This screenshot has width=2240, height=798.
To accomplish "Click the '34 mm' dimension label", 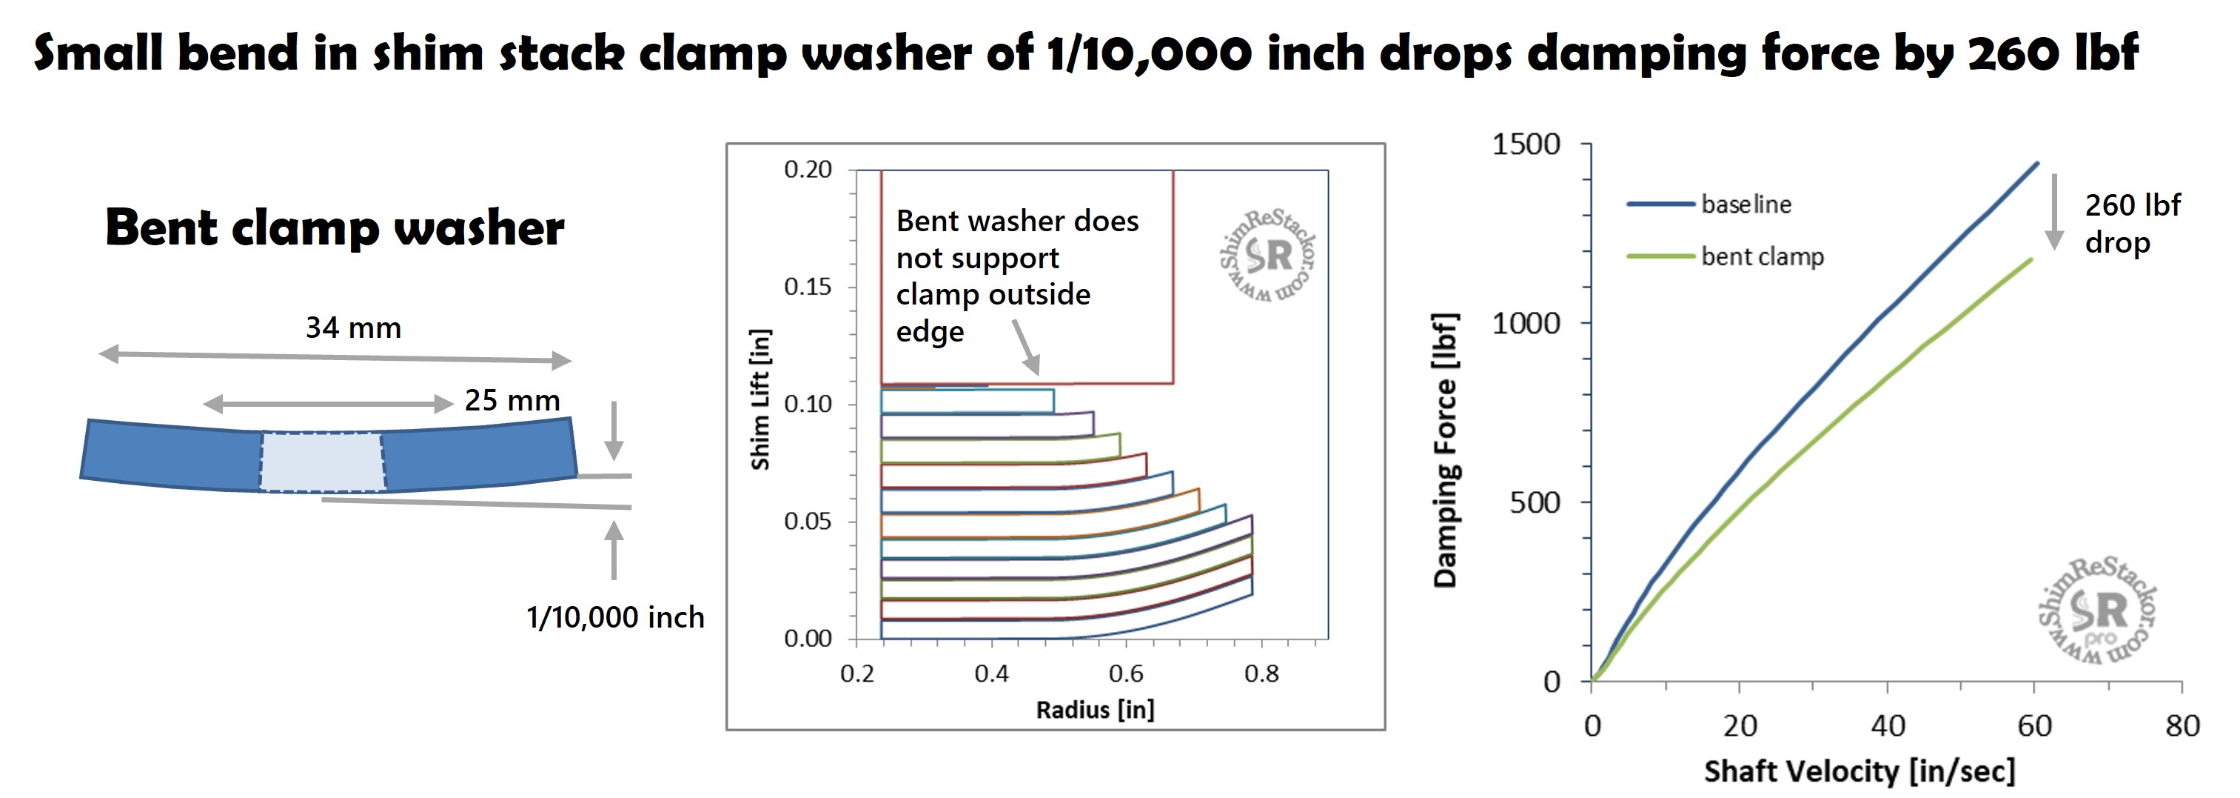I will click(x=353, y=328).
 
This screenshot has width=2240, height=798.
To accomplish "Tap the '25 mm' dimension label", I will click(x=512, y=400).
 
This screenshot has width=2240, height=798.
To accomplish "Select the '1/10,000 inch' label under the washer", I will click(x=615, y=617).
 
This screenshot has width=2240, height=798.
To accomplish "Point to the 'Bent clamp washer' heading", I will click(x=335, y=228).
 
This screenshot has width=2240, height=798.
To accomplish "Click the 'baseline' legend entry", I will click(x=1746, y=205).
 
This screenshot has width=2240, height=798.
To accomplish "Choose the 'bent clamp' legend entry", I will click(x=1762, y=256).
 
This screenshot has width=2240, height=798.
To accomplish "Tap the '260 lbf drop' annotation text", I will click(x=2132, y=224).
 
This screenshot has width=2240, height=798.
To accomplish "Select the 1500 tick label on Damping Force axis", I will click(x=1526, y=144).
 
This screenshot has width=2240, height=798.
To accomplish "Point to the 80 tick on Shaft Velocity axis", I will click(x=2182, y=726).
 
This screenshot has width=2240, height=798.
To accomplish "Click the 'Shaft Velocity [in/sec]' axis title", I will click(x=1859, y=771).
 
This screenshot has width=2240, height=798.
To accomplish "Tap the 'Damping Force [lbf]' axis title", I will click(x=1445, y=450).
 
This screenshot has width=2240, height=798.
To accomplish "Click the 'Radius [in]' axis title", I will click(x=1095, y=710).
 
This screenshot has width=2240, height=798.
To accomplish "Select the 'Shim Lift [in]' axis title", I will click(x=760, y=399).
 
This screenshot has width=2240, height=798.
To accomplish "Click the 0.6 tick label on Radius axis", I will click(x=1126, y=674).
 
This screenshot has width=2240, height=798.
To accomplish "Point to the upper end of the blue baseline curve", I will click(x=2036, y=163).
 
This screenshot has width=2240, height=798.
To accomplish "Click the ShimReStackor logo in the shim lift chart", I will click(x=1269, y=256).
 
